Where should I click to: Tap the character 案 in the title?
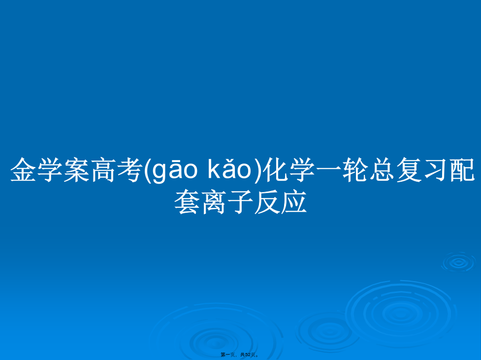pyautogui.click(x=77, y=170)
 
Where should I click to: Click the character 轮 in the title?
pyautogui.click(x=356, y=170)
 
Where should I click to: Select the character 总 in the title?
pyautogui.click(x=383, y=170)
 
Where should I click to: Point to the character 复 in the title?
pyautogui.click(x=409, y=170)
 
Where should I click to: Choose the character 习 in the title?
pyautogui.click(x=436, y=170)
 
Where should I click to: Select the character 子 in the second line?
pyautogui.click(x=240, y=201)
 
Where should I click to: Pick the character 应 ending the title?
pyautogui.click(x=294, y=201)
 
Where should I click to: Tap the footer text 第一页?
pyautogui.click(x=227, y=355)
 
